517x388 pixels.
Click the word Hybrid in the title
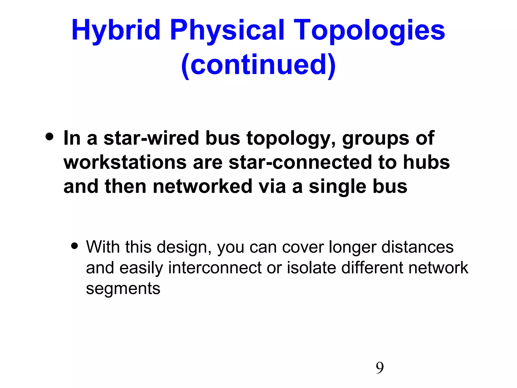(116, 31)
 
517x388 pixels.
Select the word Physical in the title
(227, 31)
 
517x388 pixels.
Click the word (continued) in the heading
(258, 65)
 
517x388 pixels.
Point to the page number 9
(380, 368)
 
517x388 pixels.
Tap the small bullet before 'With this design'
(74, 246)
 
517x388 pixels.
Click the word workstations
(125, 162)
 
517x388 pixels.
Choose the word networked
(202, 186)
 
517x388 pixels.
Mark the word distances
(417, 247)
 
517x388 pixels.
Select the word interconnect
(215, 268)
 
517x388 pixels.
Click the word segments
(123, 289)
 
